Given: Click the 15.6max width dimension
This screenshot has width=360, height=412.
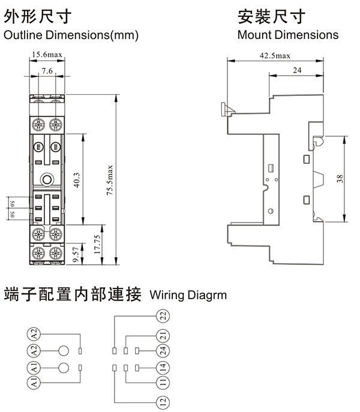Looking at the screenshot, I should [x=47, y=55].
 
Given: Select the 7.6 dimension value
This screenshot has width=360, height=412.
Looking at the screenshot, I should [x=47, y=71].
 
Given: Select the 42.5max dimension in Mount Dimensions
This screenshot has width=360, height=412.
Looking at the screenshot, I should [x=275, y=56].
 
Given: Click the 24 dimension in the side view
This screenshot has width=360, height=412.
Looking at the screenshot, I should [x=296, y=71].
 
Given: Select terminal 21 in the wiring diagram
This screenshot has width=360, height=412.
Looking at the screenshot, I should [x=162, y=335].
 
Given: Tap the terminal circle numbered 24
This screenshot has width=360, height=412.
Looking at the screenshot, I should [x=162, y=350].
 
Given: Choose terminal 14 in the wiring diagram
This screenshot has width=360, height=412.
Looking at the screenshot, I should [x=162, y=366].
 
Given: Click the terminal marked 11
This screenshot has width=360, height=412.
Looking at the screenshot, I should [x=162, y=381].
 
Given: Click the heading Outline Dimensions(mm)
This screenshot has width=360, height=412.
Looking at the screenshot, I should [x=71, y=35].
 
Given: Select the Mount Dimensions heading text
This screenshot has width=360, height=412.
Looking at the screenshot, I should [x=287, y=35].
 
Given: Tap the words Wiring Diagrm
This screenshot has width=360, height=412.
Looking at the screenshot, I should [x=187, y=295].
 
